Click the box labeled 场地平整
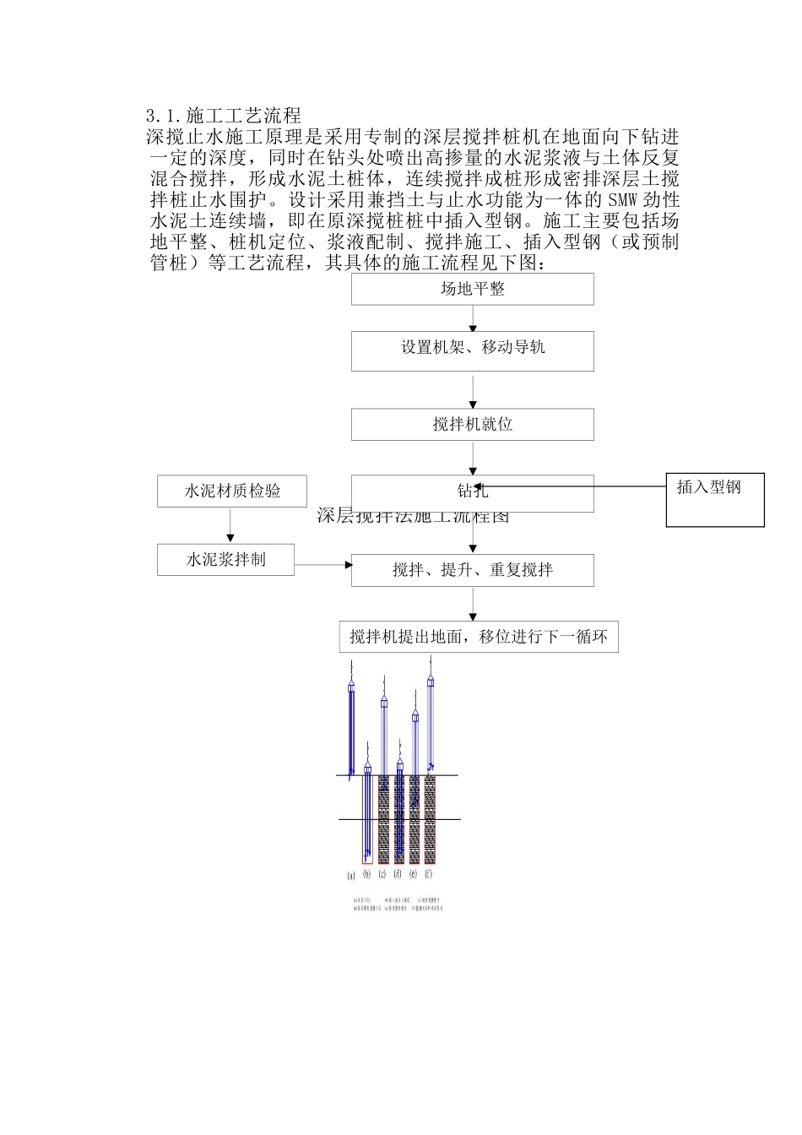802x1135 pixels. pyautogui.click(x=472, y=289)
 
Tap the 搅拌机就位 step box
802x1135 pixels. pyautogui.click(x=472, y=424)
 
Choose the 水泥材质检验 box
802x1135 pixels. pyautogui.click(x=232, y=491)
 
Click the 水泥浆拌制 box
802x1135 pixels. pyautogui.click(x=225, y=559)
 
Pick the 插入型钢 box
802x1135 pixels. pyautogui.click(x=714, y=499)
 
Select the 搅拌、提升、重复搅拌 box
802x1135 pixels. pyautogui.click(x=472, y=570)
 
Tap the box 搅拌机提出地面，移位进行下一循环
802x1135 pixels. pyautogui.click(x=478, y=637)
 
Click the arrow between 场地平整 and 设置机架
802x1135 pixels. pyautogui.click(x=473, y=318)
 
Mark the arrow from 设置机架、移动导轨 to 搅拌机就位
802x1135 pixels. pyautogui.click(x=473, y=390)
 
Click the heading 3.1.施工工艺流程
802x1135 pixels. pyautogui.click(x=223, y=116)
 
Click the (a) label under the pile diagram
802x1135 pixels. pyautogui.click(x=351, y=875)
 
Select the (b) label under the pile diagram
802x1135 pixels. pyautogui.click(x=366, y=874)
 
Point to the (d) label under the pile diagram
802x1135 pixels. pyautogui.click(x=398, y=874)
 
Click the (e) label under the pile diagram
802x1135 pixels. pyautogui.click(x=413, y=874)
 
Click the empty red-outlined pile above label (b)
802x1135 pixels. pyautogui.click(x=367, y=819)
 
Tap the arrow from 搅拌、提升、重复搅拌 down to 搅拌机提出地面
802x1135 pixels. pyautogui.click(x=473, y=604)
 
